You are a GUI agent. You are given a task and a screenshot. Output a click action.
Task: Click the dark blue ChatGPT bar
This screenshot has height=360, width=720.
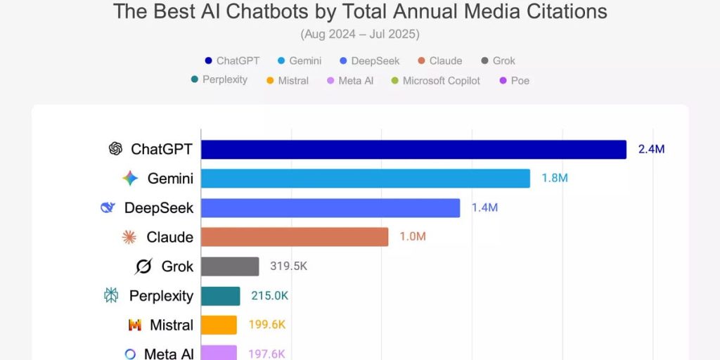413,149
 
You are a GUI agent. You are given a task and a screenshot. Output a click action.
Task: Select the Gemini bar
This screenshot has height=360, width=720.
366,179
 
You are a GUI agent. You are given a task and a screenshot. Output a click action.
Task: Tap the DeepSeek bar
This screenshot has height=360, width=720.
330,208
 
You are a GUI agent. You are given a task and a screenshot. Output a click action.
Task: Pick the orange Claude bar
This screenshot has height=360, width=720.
295,237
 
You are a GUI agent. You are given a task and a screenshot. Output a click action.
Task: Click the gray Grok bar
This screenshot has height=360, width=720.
230,266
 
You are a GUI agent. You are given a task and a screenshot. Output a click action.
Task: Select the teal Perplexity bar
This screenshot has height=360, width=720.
221,296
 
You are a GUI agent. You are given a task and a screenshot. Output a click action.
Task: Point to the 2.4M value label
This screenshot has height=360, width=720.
651,149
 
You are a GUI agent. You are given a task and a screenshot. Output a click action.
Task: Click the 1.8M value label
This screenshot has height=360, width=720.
554,179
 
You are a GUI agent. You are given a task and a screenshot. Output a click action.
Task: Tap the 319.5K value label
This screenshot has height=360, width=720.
288,266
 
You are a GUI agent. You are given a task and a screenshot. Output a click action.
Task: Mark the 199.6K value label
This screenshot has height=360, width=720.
266,325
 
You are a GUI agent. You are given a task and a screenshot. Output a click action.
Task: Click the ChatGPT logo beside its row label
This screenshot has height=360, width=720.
115,149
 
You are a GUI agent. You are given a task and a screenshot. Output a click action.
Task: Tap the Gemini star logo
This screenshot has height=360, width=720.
130,179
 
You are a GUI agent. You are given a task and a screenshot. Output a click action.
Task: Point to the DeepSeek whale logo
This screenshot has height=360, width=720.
108,207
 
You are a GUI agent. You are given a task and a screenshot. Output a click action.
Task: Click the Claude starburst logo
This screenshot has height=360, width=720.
129,237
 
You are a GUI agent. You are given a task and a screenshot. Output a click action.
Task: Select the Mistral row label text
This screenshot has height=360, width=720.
172,325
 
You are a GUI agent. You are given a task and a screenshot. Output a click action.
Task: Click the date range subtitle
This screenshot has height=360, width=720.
359,34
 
